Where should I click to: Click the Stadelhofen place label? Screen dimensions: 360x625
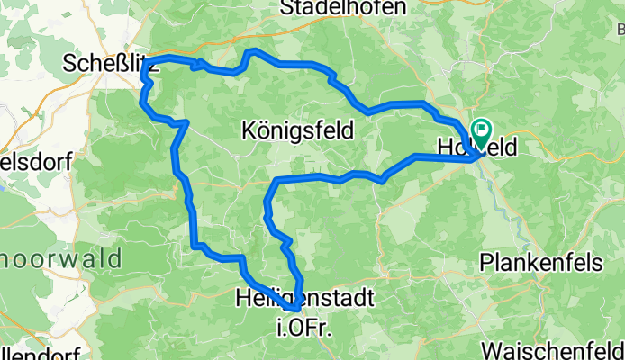point(343,8)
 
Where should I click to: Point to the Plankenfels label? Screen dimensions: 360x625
point(538,262)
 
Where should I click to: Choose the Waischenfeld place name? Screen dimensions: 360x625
point(552,349)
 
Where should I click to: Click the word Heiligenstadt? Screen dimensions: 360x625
point(303,295)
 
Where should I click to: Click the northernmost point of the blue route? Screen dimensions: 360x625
point(254,50)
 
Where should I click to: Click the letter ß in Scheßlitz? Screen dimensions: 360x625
point(120,64)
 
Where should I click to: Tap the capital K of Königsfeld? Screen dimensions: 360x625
point(249,131)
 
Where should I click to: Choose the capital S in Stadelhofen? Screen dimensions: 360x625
point(287,8)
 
